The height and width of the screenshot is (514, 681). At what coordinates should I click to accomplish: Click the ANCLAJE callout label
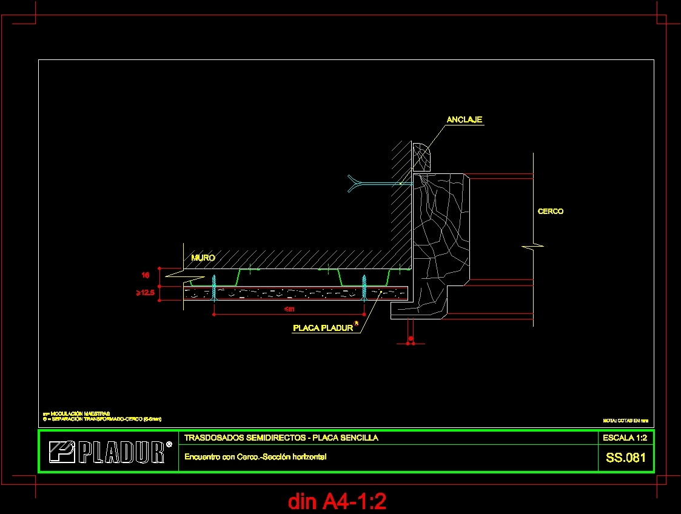click(464, 120)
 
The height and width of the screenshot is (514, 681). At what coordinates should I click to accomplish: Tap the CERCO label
click(550, 212)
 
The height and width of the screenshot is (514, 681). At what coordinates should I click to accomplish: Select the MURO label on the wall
click(203, 258)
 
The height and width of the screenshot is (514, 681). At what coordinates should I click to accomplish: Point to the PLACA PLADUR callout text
click(323, 328)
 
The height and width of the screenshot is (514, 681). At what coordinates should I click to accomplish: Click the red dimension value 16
click(146, 275)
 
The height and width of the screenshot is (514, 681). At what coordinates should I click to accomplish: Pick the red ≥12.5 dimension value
click(146, 293)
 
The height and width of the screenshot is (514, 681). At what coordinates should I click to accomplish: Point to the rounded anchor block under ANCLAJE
click(421, 156)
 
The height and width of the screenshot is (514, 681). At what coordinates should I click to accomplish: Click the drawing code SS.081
click(626, 458)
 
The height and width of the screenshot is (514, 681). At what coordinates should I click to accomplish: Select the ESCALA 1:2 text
click(625, 438)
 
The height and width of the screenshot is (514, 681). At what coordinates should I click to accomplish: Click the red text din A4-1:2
click(337, 501)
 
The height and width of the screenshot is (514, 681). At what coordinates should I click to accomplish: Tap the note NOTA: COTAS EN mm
click(625, 420)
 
